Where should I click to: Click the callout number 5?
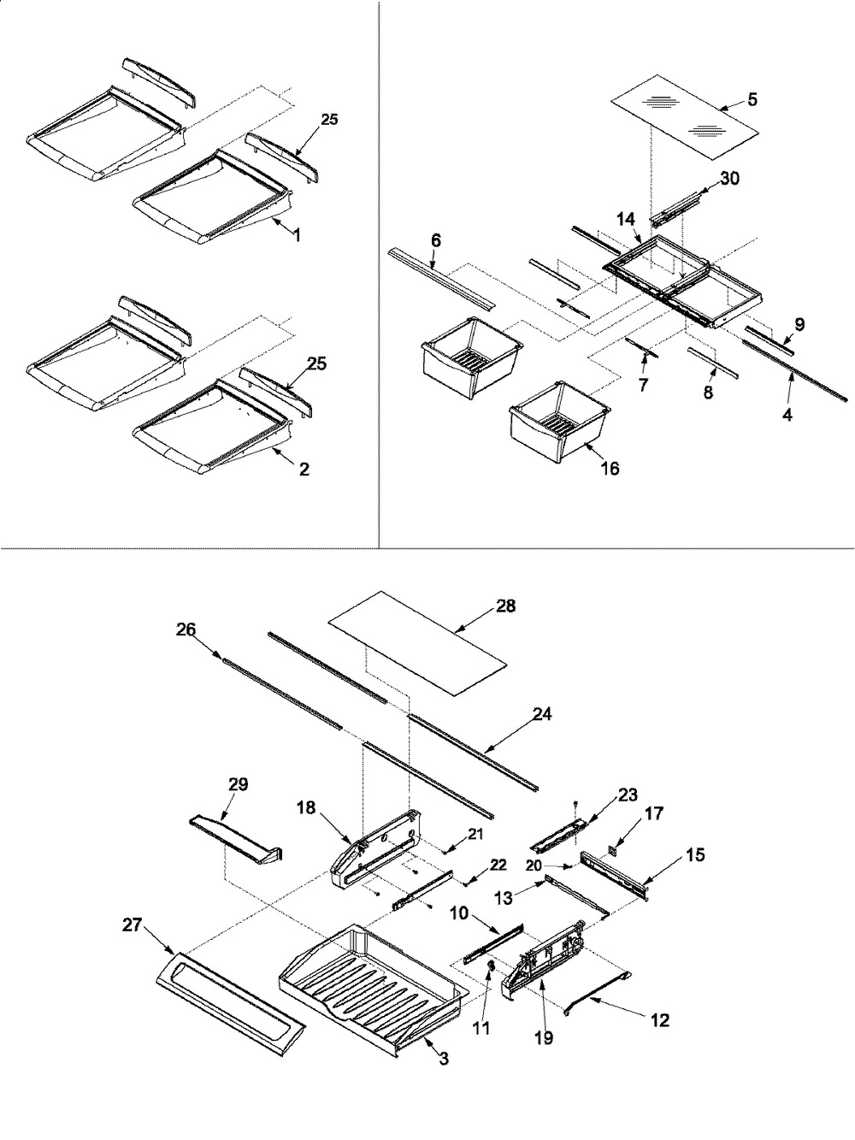click(x=752, y=99)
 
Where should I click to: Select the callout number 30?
click(x=729, y=178)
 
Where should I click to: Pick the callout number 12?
click(x=659, y=1019)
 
